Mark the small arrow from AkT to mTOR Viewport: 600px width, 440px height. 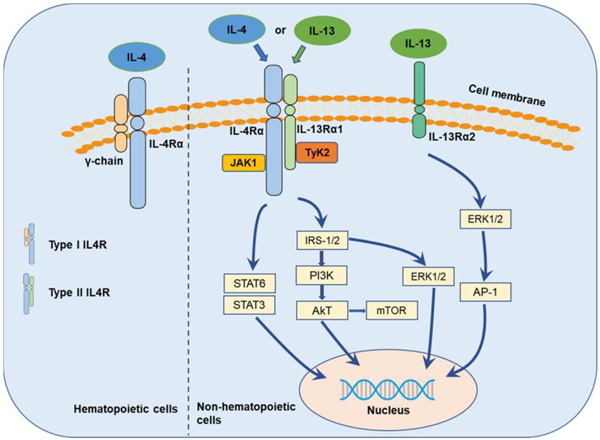(356, 310)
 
